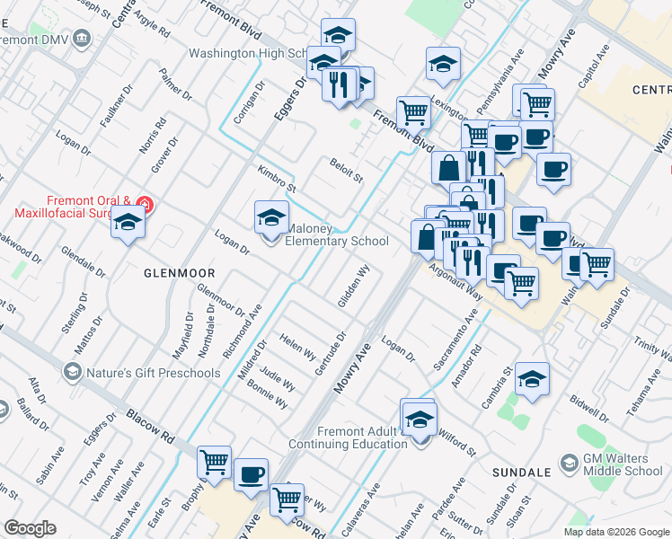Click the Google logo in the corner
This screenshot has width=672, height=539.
[x=30, y=528]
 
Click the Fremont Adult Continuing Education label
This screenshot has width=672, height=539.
[x=349, y=437]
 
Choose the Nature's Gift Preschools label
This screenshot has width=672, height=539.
[x=154, y=372]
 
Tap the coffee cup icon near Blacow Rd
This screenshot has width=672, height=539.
[x=252, y=473]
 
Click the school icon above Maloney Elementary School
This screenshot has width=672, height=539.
[x=271, y=217]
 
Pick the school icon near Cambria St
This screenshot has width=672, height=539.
[x=533, y=379]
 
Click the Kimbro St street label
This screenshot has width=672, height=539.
[x=276, y=179]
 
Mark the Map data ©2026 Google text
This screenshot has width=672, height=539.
[x=615, y=532]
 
